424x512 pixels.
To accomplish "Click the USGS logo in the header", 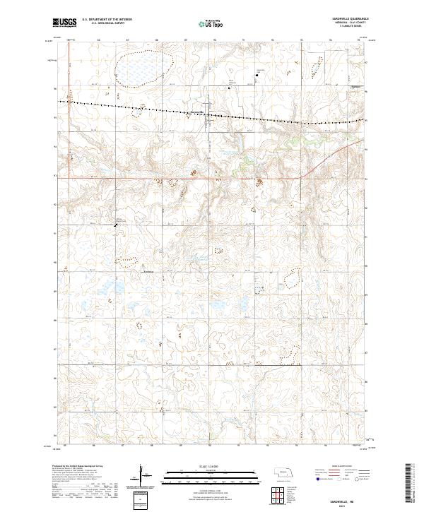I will [64, 23].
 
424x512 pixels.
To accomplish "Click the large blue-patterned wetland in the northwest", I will [141, 68].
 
